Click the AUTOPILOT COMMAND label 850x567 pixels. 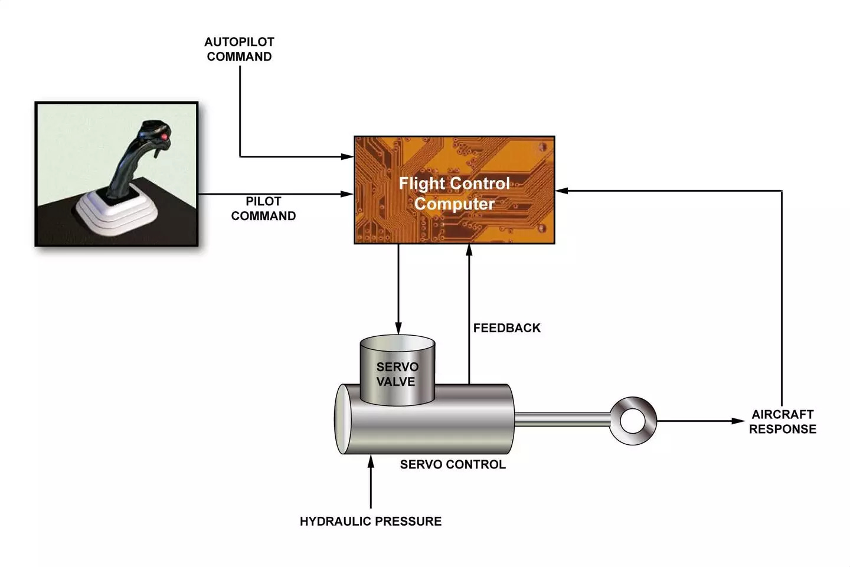(239, 50)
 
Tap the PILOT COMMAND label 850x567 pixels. (263, 209)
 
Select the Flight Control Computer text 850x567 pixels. (454, 193)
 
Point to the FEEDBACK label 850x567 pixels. (506, 328)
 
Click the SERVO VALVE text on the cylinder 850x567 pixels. (397, 374)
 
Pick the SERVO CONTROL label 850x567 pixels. (453, 464)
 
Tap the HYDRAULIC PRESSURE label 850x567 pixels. (370, 521)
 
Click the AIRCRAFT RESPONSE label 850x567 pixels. (782, 421)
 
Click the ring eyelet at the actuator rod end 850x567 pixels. (633, 421)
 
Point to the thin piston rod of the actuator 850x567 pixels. (561, 420)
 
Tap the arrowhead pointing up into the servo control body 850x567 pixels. (371, 460)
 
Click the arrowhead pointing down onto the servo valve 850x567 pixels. (398, 328)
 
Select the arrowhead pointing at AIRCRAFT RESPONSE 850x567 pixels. (738, 421)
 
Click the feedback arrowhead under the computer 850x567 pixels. (469, 250)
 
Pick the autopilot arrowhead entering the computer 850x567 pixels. (348, 156)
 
